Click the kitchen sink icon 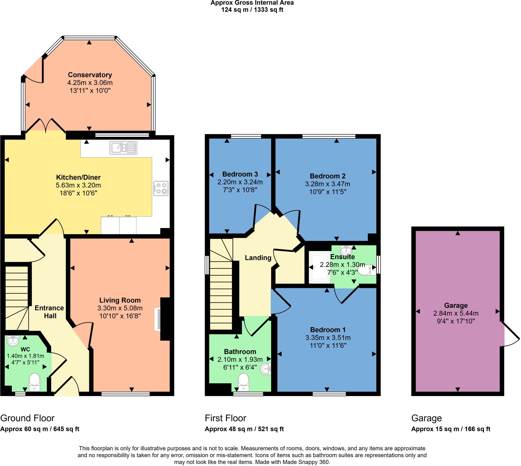tap(123, 148)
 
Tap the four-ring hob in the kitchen tap(161, 188)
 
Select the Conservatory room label tap(90, 75)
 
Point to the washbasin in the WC tap(13, 341)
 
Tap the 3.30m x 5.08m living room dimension tap(120, 308)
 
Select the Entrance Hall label tap(50, 312)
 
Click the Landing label tap(258, 258)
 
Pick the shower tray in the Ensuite tap(319, 267)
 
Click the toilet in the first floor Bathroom tap(243, 382)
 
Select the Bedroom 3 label tap(240, 174)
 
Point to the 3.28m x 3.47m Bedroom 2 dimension tap(327, 184)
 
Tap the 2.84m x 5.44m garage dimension tap(456, 313)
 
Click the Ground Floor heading tap(27, 418)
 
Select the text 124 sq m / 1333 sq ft tap(252, 10)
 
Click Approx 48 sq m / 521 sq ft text tap(244, 429)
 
